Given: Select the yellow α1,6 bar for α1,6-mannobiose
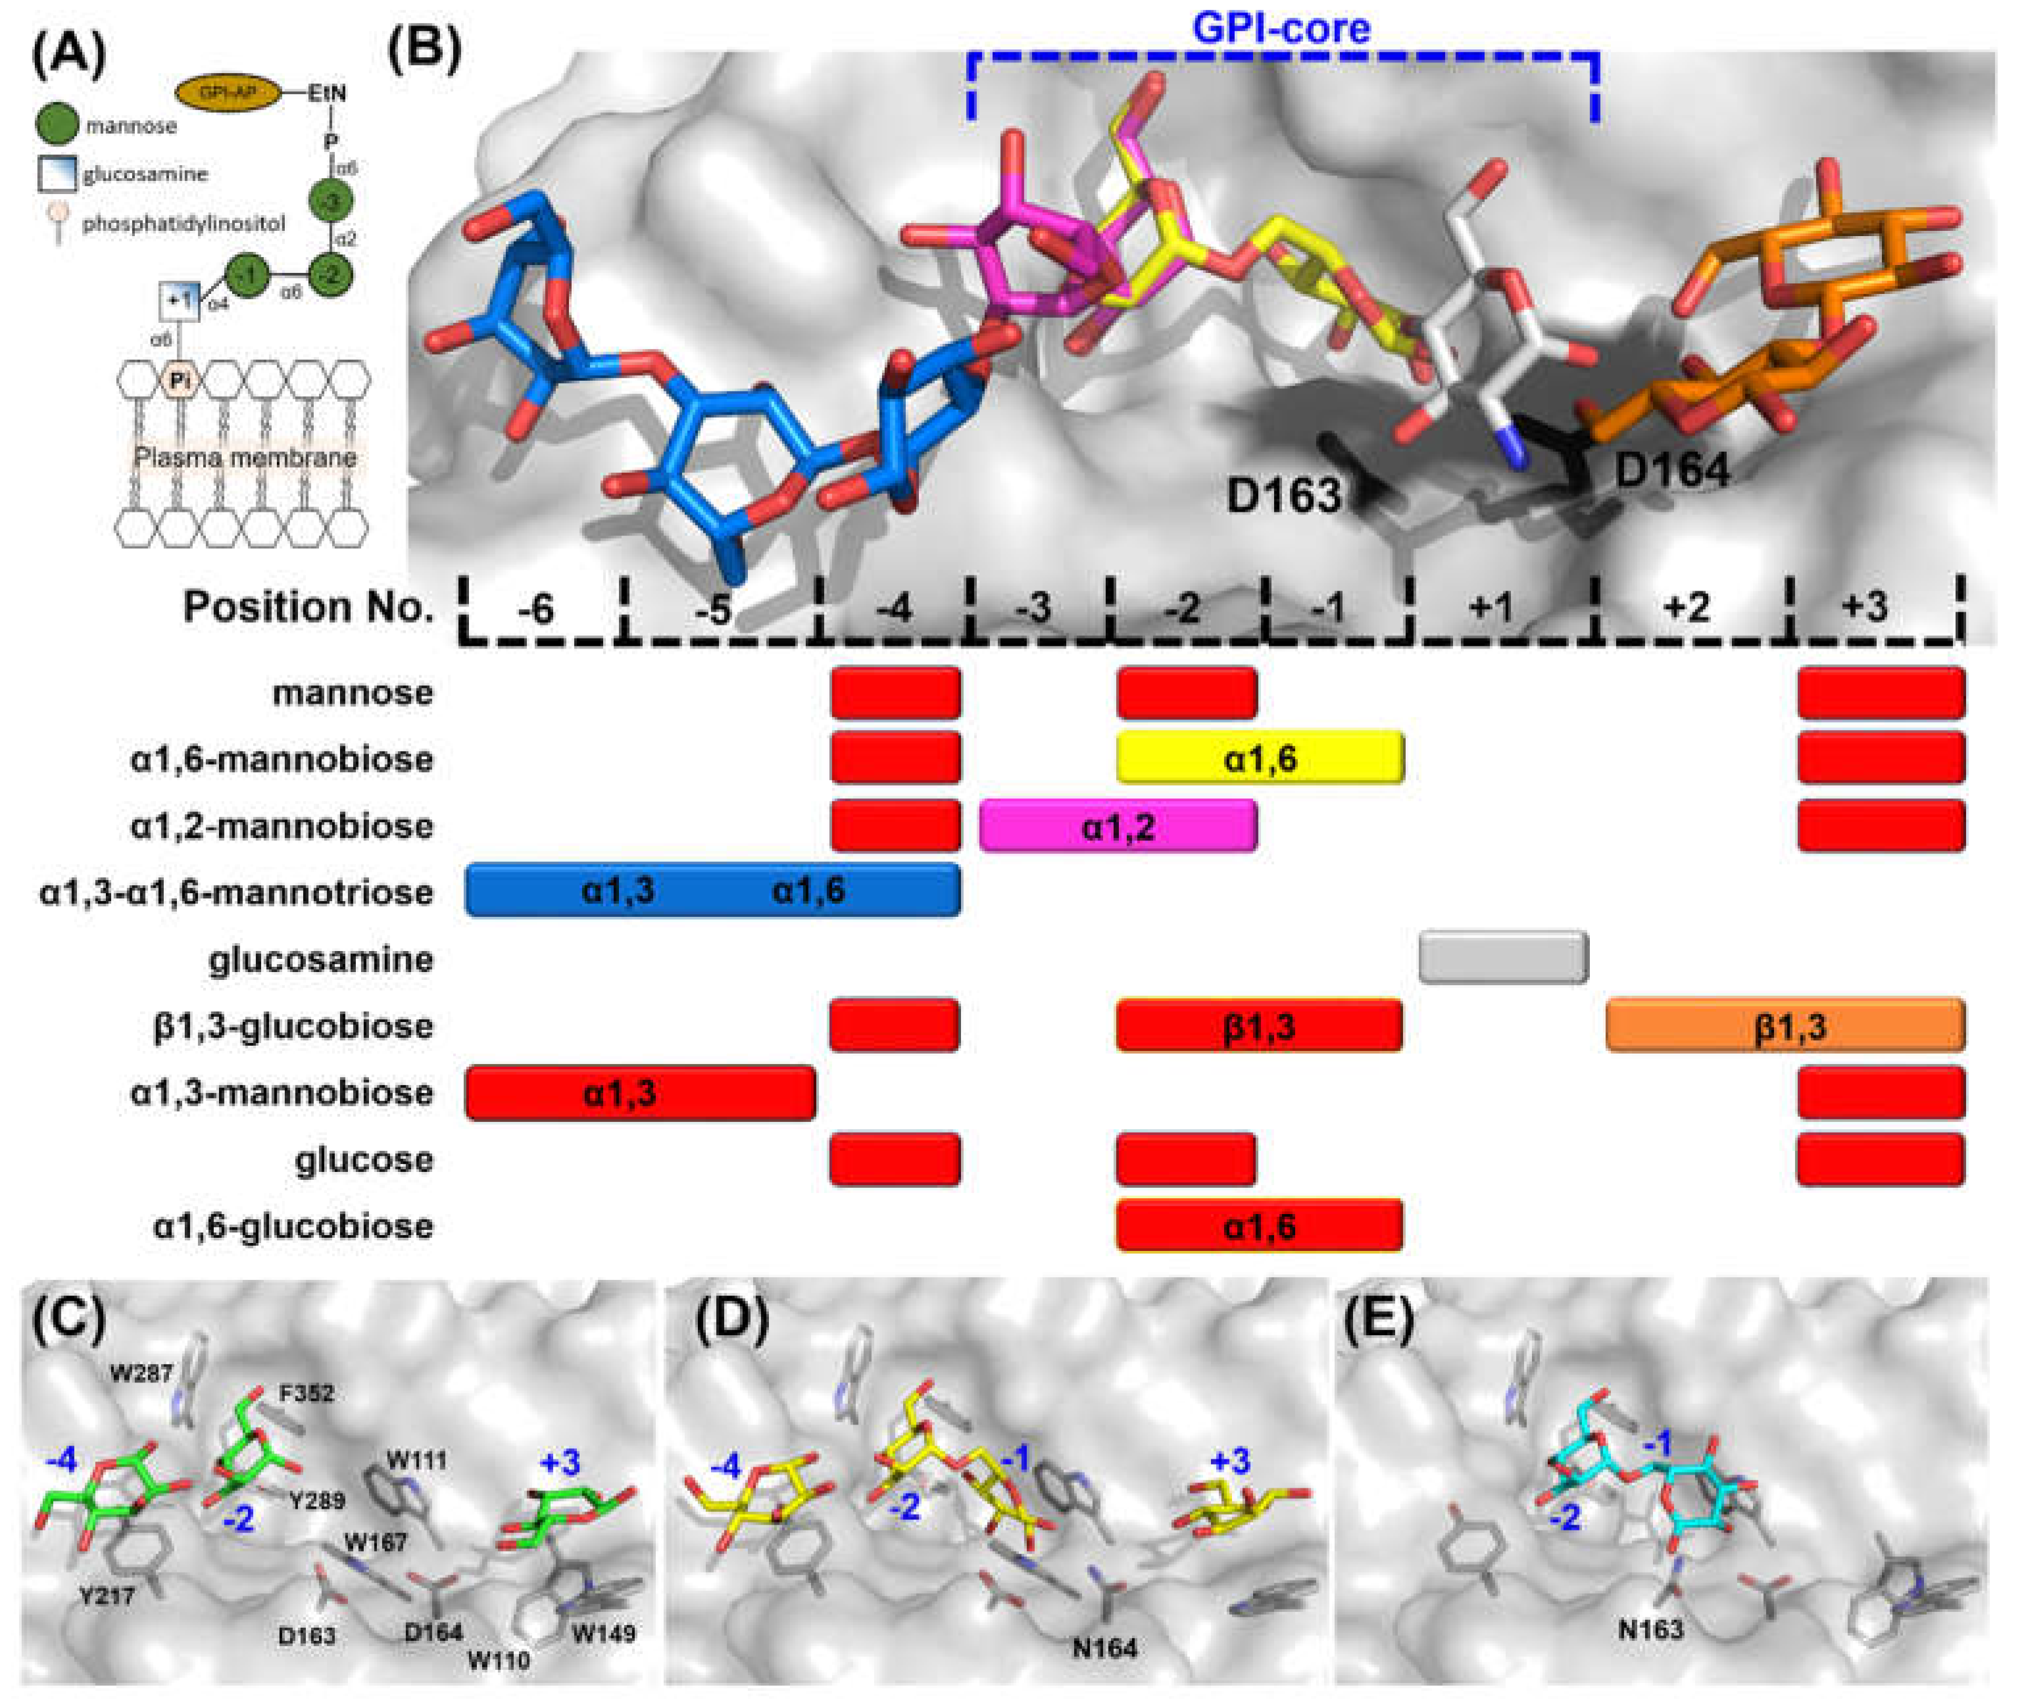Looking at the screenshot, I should [x=1260, y=758].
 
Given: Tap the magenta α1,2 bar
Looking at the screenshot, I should [x=1118, y=826].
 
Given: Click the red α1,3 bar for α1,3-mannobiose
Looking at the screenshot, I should [x=640, y=1093].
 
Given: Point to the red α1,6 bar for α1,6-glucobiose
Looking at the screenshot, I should [x=1259, y=1227].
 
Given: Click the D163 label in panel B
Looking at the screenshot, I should [x=1283, y=496].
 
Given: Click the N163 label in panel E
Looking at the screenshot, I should [x=1651, y=1630].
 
